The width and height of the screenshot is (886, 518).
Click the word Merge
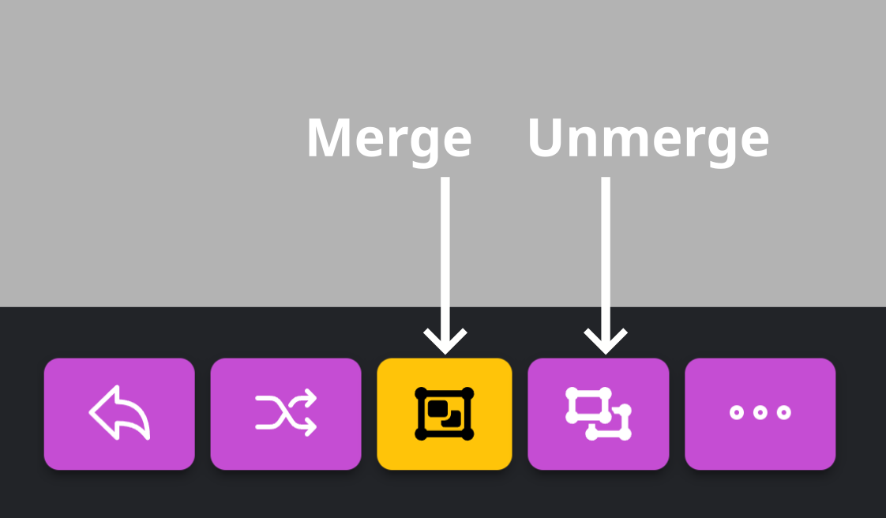[x=389, y=138]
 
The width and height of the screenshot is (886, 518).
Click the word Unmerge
[x=648, y=138]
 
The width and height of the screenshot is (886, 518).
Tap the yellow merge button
[x=445, y=414]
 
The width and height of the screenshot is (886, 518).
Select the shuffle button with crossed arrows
[x=286, y=414]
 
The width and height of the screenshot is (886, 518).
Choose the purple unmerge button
[x=599, y=414]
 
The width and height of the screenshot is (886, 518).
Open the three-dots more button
[x=760, y=414]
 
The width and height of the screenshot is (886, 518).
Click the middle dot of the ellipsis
[x=760, y=412]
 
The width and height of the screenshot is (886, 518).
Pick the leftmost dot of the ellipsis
[x=737, y=412]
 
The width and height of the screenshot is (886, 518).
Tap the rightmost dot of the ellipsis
[x=783, y=412]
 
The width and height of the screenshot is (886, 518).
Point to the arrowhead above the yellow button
[x=445, y=344]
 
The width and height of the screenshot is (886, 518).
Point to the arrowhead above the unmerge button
[x=606, y=344]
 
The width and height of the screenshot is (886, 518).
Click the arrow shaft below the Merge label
[x=445, y=253]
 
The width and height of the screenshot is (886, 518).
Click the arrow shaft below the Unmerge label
[x=606, y=253]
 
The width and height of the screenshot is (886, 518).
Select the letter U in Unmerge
[x=546, y=138]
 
